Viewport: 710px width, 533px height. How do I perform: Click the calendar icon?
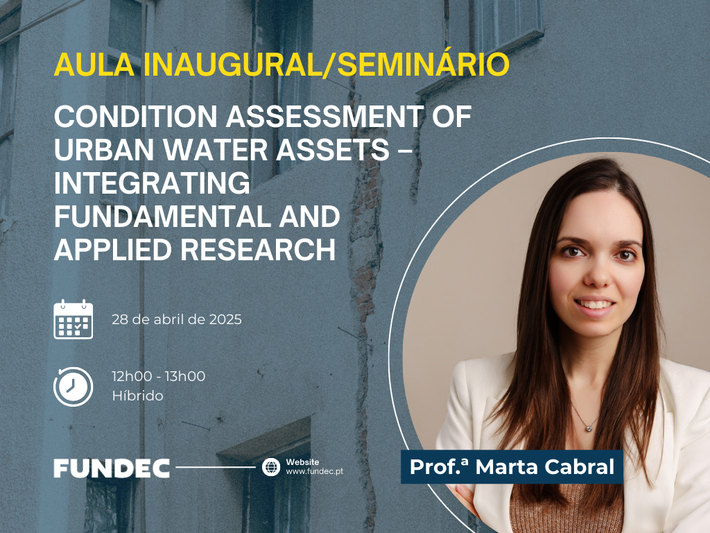[x=73, y=319]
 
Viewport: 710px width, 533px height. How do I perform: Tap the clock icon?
[x=73, y=387]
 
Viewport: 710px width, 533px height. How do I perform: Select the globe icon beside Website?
[x=271, y=467]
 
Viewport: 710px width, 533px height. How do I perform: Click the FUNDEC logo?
[x=112, y=468]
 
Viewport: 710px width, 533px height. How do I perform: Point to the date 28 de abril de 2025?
[x=177, y=319]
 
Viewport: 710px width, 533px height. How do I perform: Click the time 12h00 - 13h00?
[x=159, y=376]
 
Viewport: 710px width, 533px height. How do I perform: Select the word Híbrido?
[x=138, y=396]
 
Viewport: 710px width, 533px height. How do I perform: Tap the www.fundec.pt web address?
[x=314, y=471]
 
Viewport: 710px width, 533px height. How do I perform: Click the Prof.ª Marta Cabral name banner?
[x=512, y=467]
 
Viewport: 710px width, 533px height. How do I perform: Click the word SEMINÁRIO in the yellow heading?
[x=424, y=65]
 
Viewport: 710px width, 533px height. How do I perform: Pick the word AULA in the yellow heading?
[x=94, y=65]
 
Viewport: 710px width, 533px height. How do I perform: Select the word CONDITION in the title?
[x=136, y=117]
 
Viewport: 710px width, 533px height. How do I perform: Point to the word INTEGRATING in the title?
[x=152, y=183]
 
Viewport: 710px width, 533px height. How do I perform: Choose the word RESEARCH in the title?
[x=258, y=250]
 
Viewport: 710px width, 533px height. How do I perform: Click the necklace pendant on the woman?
[x=589, y=427]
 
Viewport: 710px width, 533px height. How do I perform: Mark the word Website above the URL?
[x=302, y=462]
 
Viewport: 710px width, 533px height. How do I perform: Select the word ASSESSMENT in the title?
[x=325, y=117]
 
